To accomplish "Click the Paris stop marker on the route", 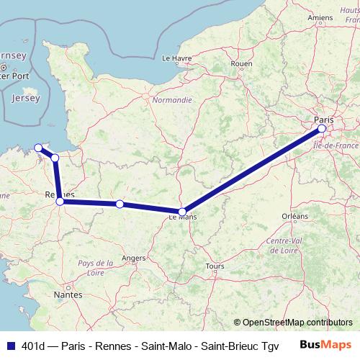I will [322, 130].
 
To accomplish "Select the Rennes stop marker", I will [60, 202].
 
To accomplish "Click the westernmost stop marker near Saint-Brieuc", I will [38, 148].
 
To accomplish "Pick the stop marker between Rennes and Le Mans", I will [120, 204].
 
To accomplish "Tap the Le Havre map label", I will [176, 58].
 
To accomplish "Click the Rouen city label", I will [241, 63].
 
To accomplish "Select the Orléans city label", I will [294, 215].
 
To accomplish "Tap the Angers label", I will [134, 257].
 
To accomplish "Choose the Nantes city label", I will [67, 295].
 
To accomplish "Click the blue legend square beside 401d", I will [9, 344].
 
